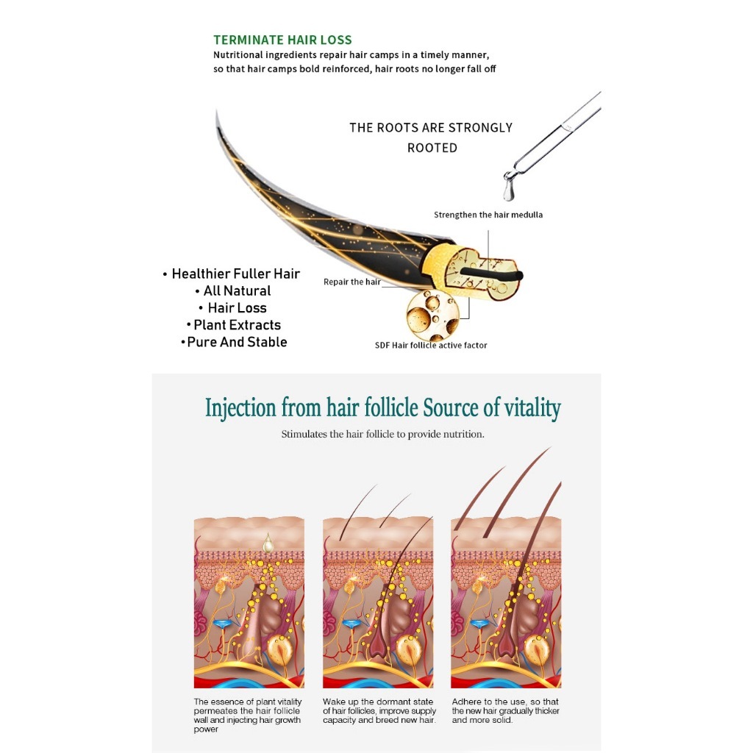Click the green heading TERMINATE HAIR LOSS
click(x=282, y=40)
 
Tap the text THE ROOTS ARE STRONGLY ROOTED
click(x=431, y=138)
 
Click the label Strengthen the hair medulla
click(x=488, y=215)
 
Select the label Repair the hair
click(x=352, y=282)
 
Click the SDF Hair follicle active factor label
click(x=431, y=345)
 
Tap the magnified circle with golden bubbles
click(x=432, y=315)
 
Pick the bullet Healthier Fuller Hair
click(x=232, y=274)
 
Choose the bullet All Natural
click(x=233, y=290)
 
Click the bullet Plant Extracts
click(x=234, y=324)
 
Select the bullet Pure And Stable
click(x=234, y=342)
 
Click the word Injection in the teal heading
click(x=241, y=408)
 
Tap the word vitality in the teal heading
click(x=528, y=408)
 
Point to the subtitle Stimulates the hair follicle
click(x=382, y=434)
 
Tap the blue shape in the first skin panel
click(x=224, y=624)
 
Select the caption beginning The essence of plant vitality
click(x=247, y=715)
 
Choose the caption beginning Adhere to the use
click(x=506, y=711)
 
